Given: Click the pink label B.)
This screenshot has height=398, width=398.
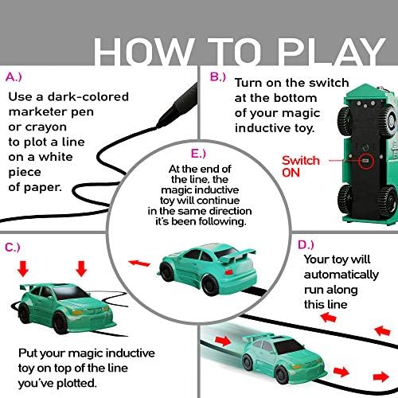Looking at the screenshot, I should pyautogui.click(x=217, y=77).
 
